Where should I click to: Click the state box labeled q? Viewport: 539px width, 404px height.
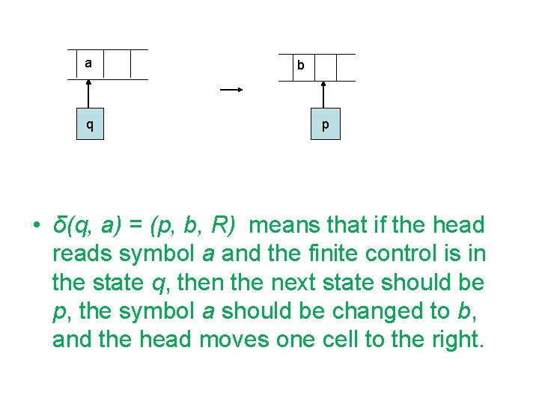(89, 124)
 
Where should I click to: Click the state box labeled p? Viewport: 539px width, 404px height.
(325, 124)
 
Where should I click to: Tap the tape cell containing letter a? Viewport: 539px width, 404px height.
(88, 64)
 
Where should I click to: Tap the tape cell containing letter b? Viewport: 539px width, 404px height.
(300, 66)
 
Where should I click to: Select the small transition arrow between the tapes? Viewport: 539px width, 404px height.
(231, 90)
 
